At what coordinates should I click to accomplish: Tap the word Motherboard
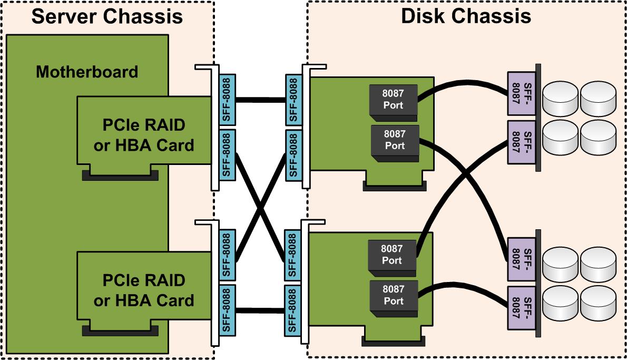[x=87, y=71]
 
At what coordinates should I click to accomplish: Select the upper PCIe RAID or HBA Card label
[x=143, y=136]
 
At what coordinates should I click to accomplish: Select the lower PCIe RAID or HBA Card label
[x=143, y=290]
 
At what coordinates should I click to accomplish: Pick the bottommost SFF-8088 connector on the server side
[x=227, y=309]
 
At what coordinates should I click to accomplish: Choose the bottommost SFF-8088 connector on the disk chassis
[x=293, y=309]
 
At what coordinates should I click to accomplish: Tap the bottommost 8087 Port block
[x=394, y=296]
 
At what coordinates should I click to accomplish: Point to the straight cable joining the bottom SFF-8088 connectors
[x=260, y=310]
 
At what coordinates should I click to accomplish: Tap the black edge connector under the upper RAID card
[x=120, y=176]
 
